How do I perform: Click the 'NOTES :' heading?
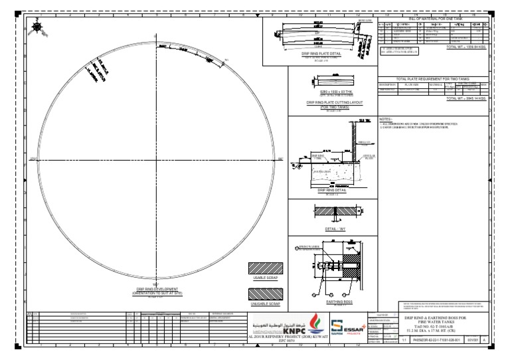click(x=386, y=119)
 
